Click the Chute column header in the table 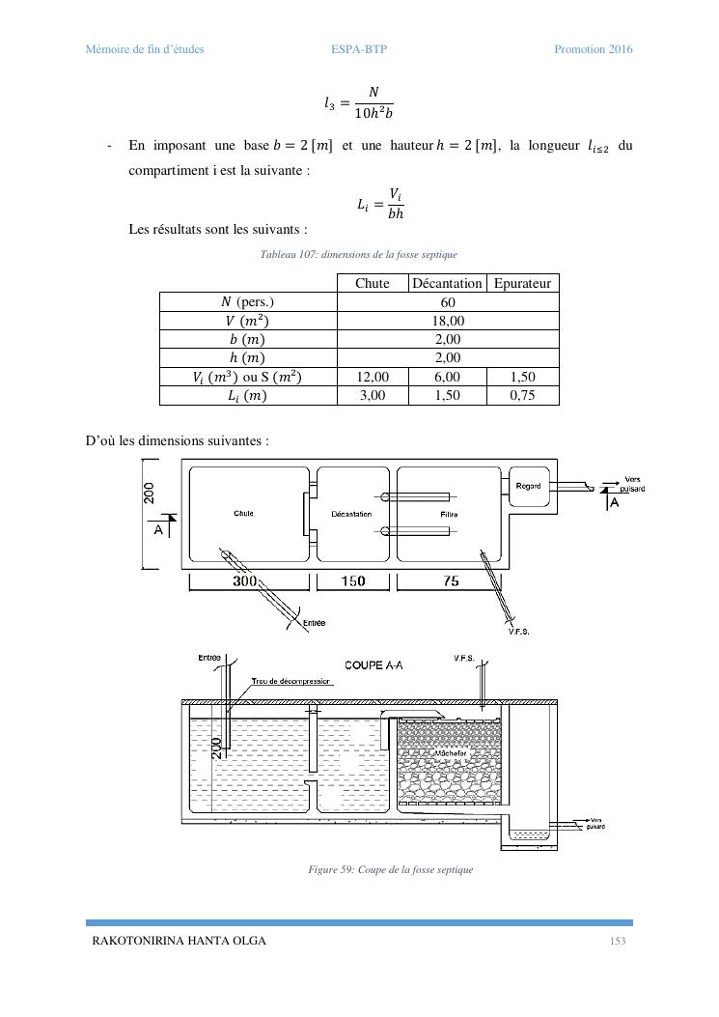tap(373, 283)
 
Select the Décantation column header tap(447, 283)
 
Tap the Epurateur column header tap(522, 283)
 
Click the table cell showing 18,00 tap(448, 321)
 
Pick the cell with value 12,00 tap(373, 377)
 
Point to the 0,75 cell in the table tap(522, 395)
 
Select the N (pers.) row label tap(247, 302)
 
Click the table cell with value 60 tap(448, 302)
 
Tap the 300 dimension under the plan tap(245, 581)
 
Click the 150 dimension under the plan tap(354, 581)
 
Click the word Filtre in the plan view tap(449, 515)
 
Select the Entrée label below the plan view tap(314, 623)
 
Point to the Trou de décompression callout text tap(291, 681)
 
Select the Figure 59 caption tap(390, 870)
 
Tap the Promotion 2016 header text tap(593, 49)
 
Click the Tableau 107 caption tap(359, 254)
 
